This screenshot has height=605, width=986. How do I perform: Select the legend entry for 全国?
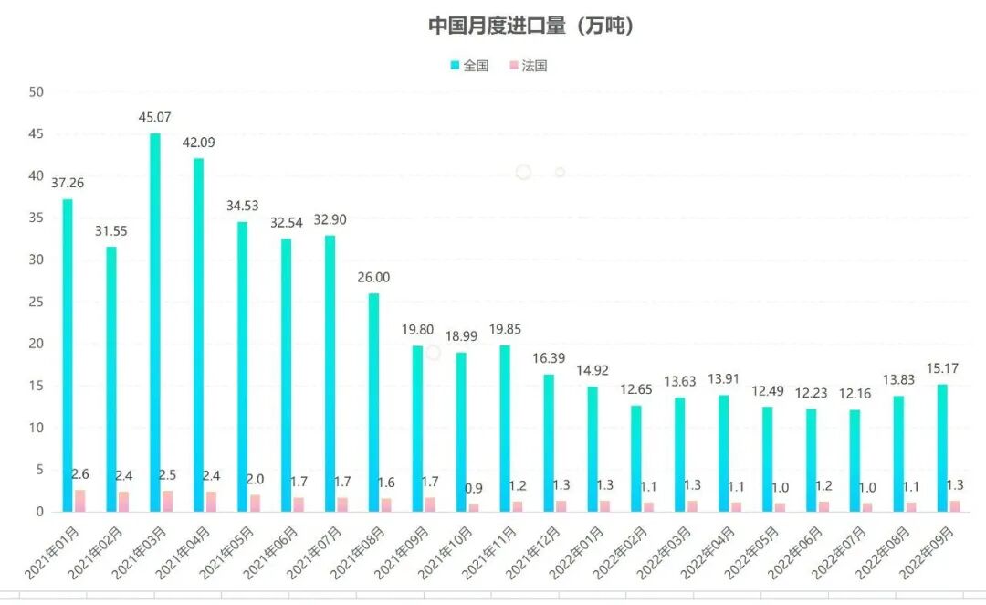coord(470,66)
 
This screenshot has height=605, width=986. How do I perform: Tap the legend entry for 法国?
coord(528,66)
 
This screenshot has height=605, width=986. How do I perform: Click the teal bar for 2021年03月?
coord(155,320)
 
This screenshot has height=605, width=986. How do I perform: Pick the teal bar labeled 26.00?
coord(373,402)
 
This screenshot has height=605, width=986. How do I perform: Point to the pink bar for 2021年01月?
coord(80,501)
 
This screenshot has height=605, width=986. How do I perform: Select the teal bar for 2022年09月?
coord(942,448)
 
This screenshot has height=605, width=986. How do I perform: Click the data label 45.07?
coord(155,118)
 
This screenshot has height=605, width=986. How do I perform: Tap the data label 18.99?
coord(461,337)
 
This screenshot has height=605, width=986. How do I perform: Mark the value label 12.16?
coord(855,394)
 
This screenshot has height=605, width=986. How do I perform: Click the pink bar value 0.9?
coord(475,488)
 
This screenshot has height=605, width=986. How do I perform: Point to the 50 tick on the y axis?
coord(37,91)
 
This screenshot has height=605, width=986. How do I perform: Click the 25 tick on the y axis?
coord(37,302)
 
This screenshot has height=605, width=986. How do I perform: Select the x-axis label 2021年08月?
coord(351,553)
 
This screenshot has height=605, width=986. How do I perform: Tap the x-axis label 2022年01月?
coord(571,553)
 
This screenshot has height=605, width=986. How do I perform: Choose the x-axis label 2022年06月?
coord(790,553)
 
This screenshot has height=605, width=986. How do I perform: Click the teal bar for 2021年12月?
coord(549,443)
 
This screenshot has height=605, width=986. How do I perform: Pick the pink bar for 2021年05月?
coord(256,504)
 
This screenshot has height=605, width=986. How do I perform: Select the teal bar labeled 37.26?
coord(68,356)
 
